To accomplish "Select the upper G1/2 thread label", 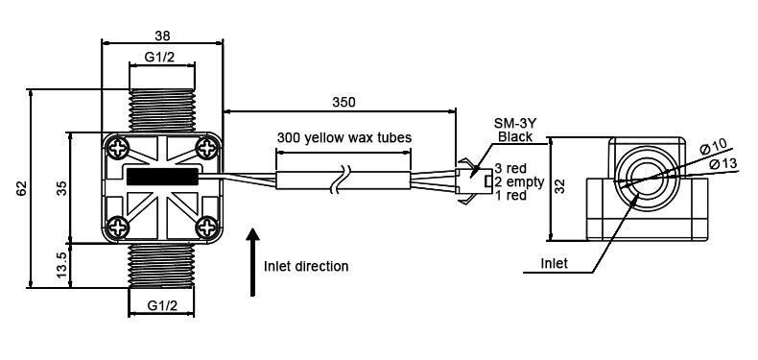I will pyautogui.click(x=161, y=58).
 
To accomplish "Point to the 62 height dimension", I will pyautogui.click(x=21, y=188).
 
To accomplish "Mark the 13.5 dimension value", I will pyautogui.click(x=59, y=265).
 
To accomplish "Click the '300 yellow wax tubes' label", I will pyautogui.click(x=343, y=137).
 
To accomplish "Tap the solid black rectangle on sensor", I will pyautogui.click(x=161, y=176).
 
